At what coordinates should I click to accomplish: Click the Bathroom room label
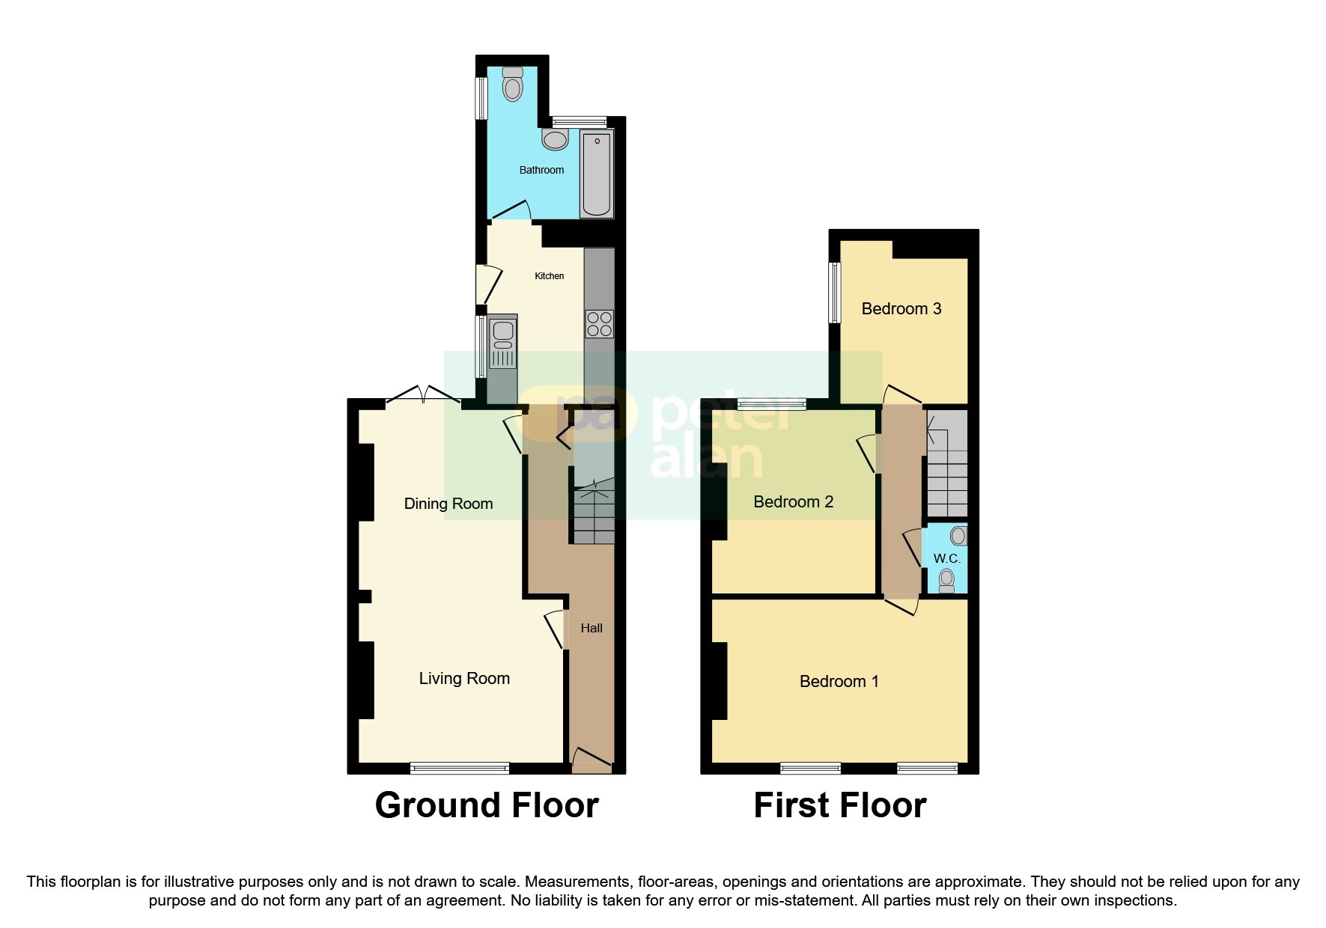[541, 170]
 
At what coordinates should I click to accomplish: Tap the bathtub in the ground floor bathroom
[597, 174]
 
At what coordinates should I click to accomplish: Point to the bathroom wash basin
[555, 140]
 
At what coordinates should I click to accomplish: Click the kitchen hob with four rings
[600, 324]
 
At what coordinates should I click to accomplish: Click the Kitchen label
[549, 276]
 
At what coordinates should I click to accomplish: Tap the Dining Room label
[448, 504]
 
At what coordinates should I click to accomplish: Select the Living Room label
[464, 678]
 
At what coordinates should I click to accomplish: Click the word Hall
[591, 628]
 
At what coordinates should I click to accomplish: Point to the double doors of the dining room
[423, 394]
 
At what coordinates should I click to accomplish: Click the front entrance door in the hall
[591, 761]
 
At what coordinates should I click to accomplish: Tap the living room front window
[460, 768]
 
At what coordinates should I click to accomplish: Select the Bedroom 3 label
[901, 308]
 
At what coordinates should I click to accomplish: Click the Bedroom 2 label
[793, 501]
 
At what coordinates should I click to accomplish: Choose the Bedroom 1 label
[839, 681]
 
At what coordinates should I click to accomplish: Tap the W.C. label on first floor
[946, 558]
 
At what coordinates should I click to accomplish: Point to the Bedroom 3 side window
[833, 292]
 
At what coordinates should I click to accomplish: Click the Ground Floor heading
[487, 805]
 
